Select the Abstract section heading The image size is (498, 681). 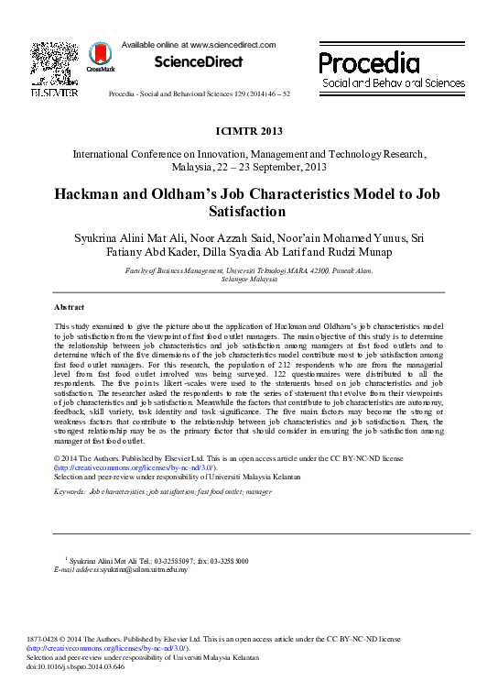pos(70,307)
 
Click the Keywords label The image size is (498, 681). pos(70,492)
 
